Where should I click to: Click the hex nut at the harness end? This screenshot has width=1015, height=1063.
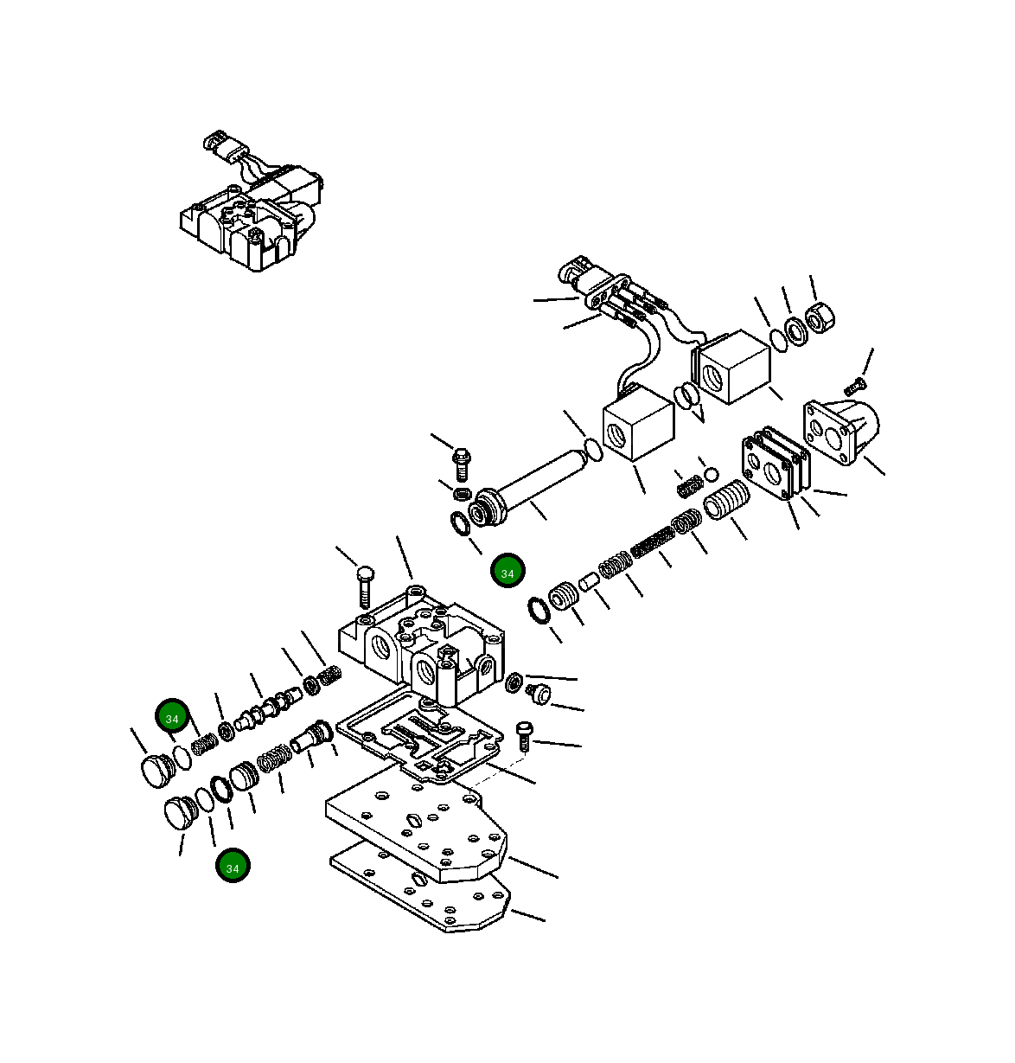point(818,322)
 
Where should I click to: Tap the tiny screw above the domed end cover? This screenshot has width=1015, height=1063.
point(858,381)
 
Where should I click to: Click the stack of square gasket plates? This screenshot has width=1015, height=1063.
point(775,467)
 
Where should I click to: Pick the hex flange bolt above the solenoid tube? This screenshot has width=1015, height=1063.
point(462,462)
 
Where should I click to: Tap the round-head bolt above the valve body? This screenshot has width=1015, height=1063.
point(364,586)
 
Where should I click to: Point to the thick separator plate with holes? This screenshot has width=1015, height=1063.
point(417,826)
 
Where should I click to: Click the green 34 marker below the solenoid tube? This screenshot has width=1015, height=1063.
point(507,573)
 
